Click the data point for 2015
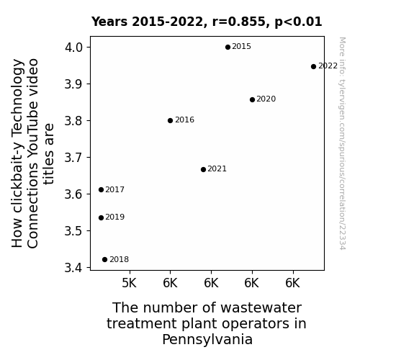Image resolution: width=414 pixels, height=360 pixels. pos(228,48)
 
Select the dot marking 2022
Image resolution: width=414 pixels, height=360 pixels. pos(313,66)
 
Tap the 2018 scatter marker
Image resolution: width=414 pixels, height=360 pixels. pos(104,260)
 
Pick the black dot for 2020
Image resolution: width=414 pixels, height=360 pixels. pos(252,99)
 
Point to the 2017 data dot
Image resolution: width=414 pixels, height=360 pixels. pos(101,189)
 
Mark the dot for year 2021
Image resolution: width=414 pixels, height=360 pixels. pos(203,170)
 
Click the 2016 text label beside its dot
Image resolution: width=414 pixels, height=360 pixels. pos(184,120)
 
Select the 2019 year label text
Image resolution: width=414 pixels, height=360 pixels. pos(115,217)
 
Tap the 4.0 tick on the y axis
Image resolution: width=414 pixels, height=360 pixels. pos(74,48)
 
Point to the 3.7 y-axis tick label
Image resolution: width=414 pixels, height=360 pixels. pos(74,158)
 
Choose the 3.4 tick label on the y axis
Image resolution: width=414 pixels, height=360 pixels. pos(74,268)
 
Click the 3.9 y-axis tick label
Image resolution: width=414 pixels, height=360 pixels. pos(74,84)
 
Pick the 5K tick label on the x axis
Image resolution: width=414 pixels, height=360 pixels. pos(129,283)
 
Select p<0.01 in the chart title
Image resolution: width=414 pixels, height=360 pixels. pos(298,22)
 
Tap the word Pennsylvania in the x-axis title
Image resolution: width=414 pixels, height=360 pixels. pos(207,339)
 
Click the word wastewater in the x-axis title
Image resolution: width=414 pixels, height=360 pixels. pos(261,308)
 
